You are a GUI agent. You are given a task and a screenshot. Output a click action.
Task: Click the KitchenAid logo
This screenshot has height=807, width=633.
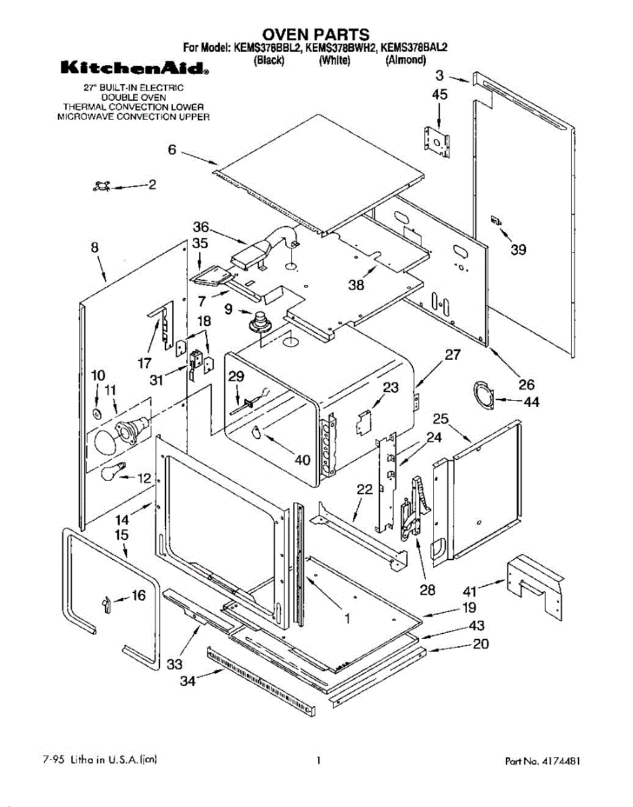134,68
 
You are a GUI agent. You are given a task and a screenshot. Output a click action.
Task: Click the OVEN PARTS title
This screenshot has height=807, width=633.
315,34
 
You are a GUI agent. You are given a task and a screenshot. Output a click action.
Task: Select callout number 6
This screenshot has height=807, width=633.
172,150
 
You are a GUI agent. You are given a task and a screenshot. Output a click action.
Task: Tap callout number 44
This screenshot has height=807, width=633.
531,402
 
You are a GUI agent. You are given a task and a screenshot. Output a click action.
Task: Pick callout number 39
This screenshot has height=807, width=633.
518,250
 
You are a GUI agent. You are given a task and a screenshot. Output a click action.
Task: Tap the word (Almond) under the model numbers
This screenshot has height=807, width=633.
406,60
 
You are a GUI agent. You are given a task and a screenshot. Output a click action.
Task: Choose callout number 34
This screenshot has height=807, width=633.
188,681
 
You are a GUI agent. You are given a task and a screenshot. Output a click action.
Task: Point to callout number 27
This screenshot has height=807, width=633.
453,354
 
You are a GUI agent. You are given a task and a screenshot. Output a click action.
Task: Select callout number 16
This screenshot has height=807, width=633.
138,595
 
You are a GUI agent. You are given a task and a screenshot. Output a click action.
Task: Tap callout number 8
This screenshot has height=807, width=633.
95,247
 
